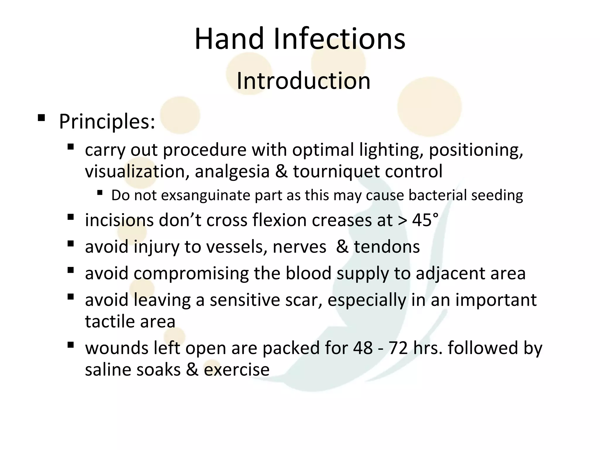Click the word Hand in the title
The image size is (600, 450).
[229, 39]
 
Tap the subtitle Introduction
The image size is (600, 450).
[303, 81]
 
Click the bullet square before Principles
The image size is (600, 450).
[41, 118]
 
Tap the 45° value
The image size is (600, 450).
[425, 220]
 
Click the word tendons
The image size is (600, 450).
[387, 247]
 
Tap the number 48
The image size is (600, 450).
[363, 348]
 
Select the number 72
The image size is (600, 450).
[398, 348]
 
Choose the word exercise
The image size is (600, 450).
[236, 369]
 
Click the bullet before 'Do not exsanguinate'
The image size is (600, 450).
[100, 193]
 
